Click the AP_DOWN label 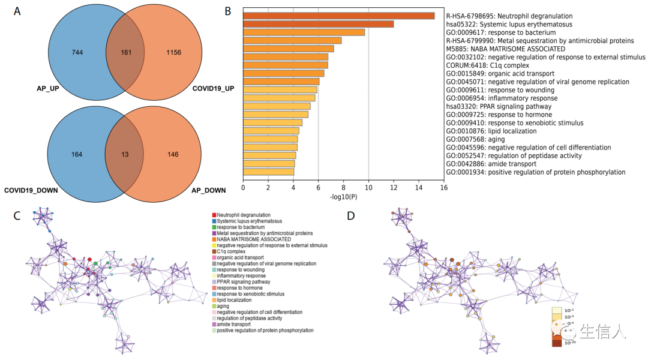tap(208, 191)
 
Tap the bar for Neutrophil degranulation tap(338, 16)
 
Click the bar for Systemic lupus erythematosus tap(318, 24)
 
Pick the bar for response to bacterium tap(304, 32)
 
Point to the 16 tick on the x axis tap(443, 188)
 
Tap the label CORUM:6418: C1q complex tap(487, 65)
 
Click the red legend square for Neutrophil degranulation tap(214, 215)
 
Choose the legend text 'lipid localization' tap(234, 300)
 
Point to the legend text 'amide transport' tap(234, 325)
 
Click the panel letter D tap(352, 214)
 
